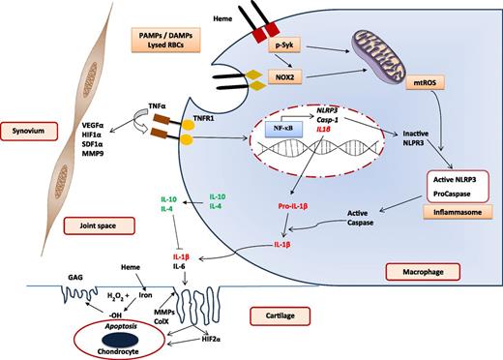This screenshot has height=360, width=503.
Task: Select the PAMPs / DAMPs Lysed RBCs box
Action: coord(163,41)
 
